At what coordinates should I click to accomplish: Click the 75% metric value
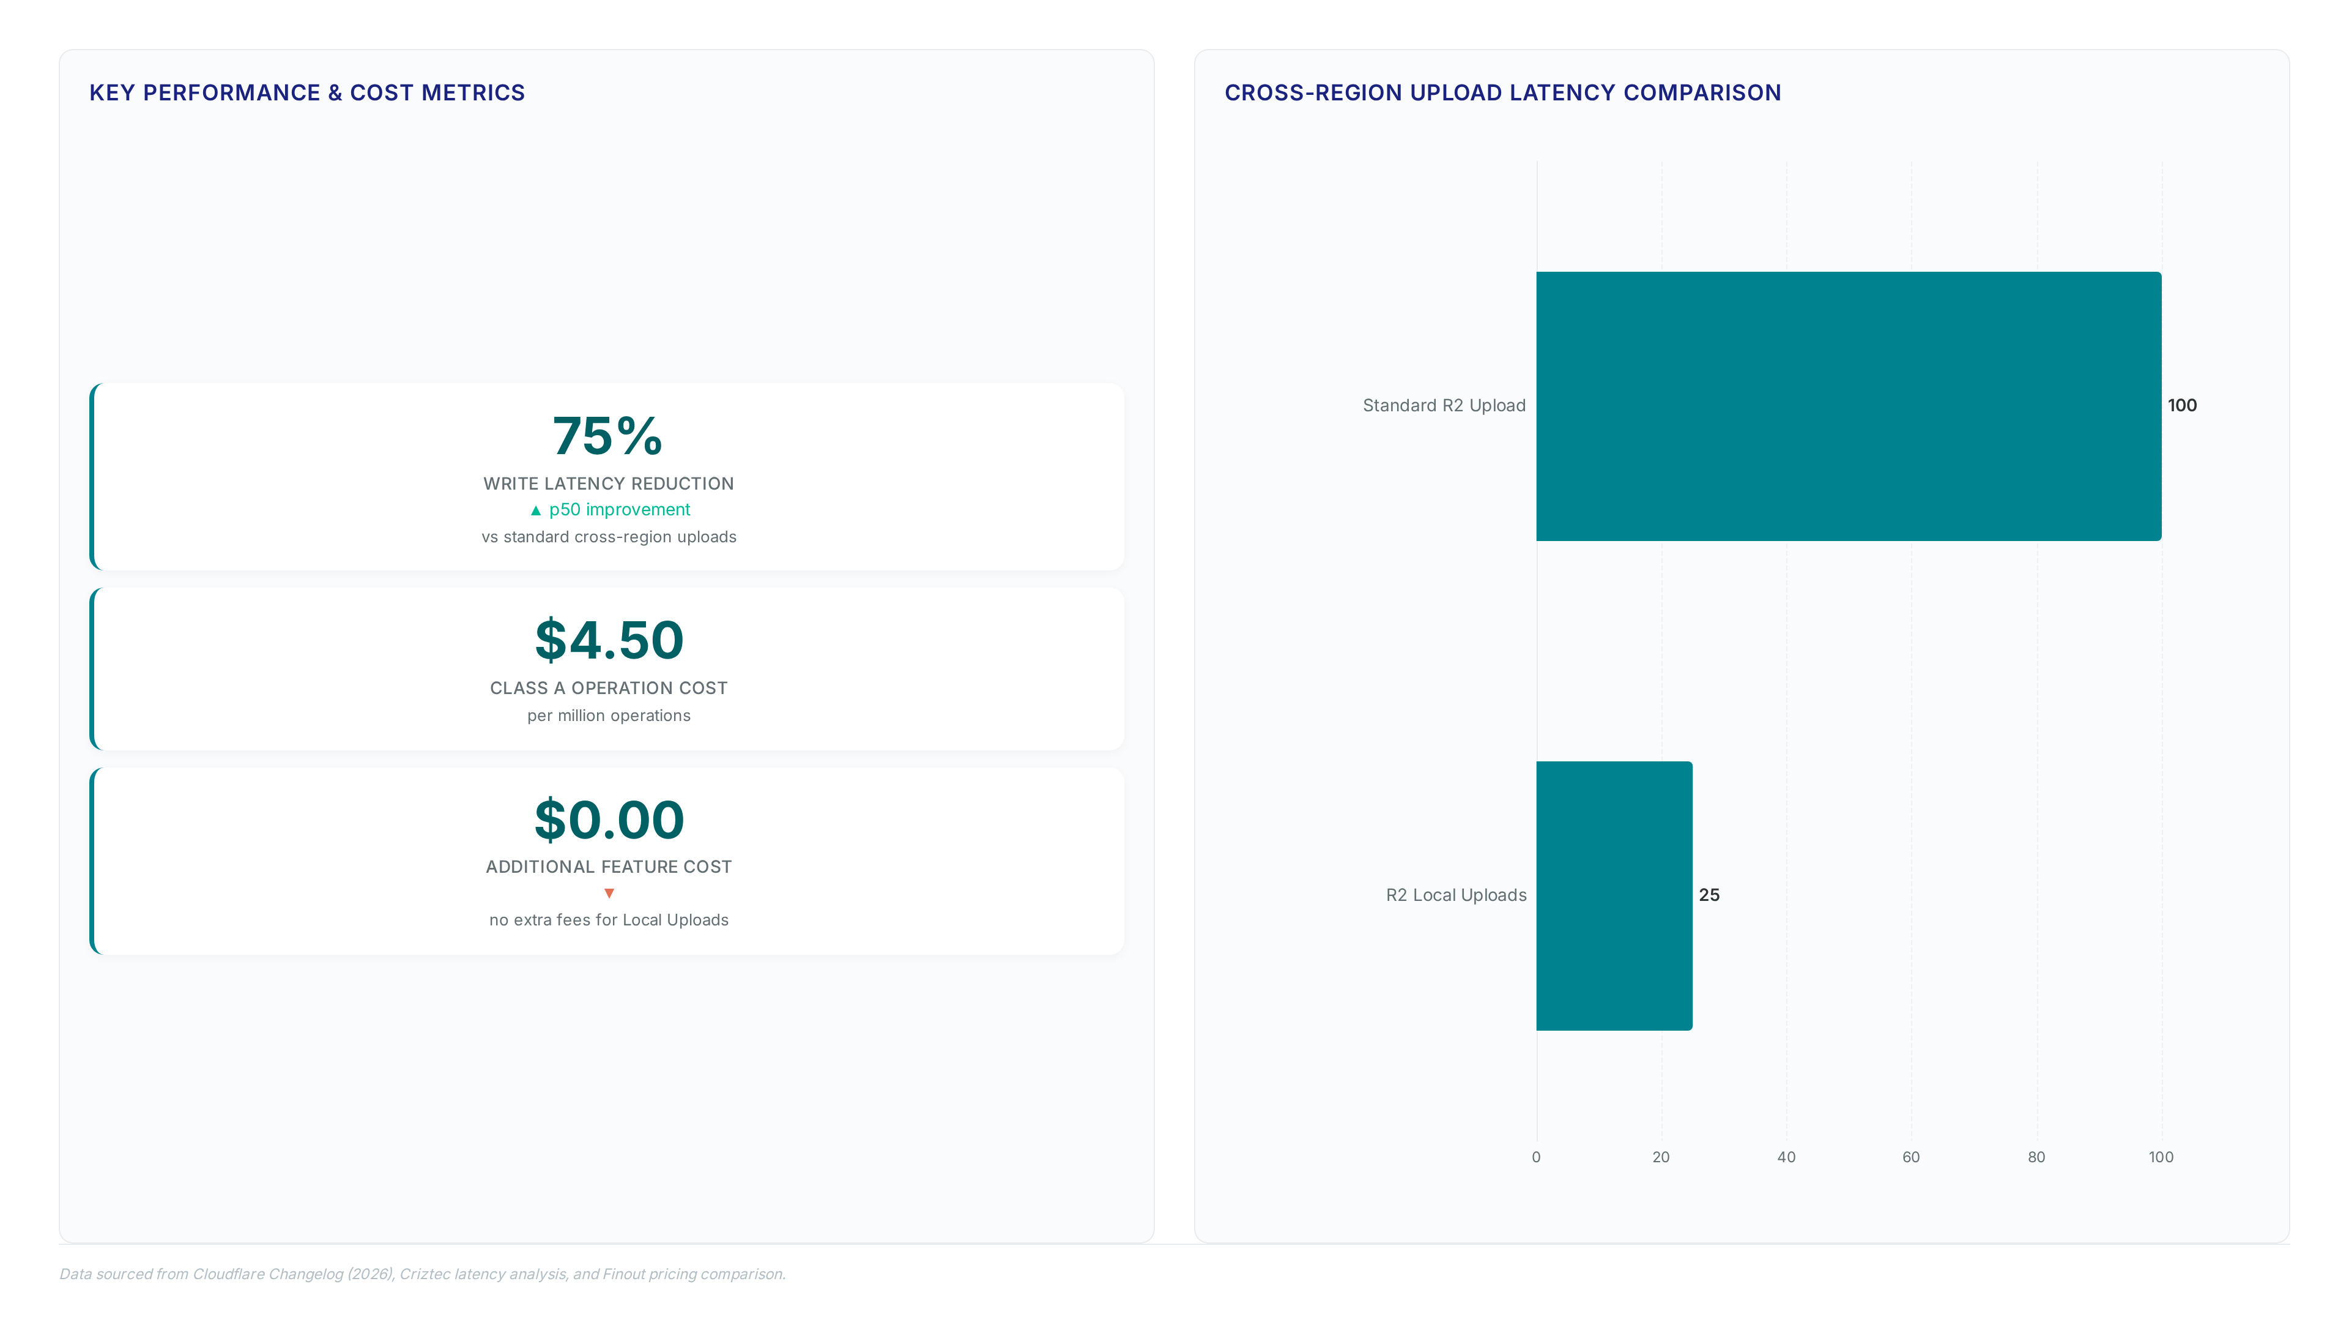coord(607,436)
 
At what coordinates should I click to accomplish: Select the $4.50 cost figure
coord(609,640)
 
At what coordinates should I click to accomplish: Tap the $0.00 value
coord(609,820)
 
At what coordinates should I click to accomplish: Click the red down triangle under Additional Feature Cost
coord(609,893)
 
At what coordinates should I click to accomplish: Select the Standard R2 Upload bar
coord(1849,406)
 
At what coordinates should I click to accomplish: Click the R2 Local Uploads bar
coord(1614,896)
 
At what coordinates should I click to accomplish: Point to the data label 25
coord(1709,895)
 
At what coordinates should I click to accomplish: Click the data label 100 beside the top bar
coord(2182,405)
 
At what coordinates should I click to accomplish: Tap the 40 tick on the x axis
coord(1786,1157)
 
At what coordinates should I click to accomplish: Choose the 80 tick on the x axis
coord(2036,1157)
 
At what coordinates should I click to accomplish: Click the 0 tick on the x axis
coord(1537,1157)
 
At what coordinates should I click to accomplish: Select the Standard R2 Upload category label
coord(1444,406)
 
